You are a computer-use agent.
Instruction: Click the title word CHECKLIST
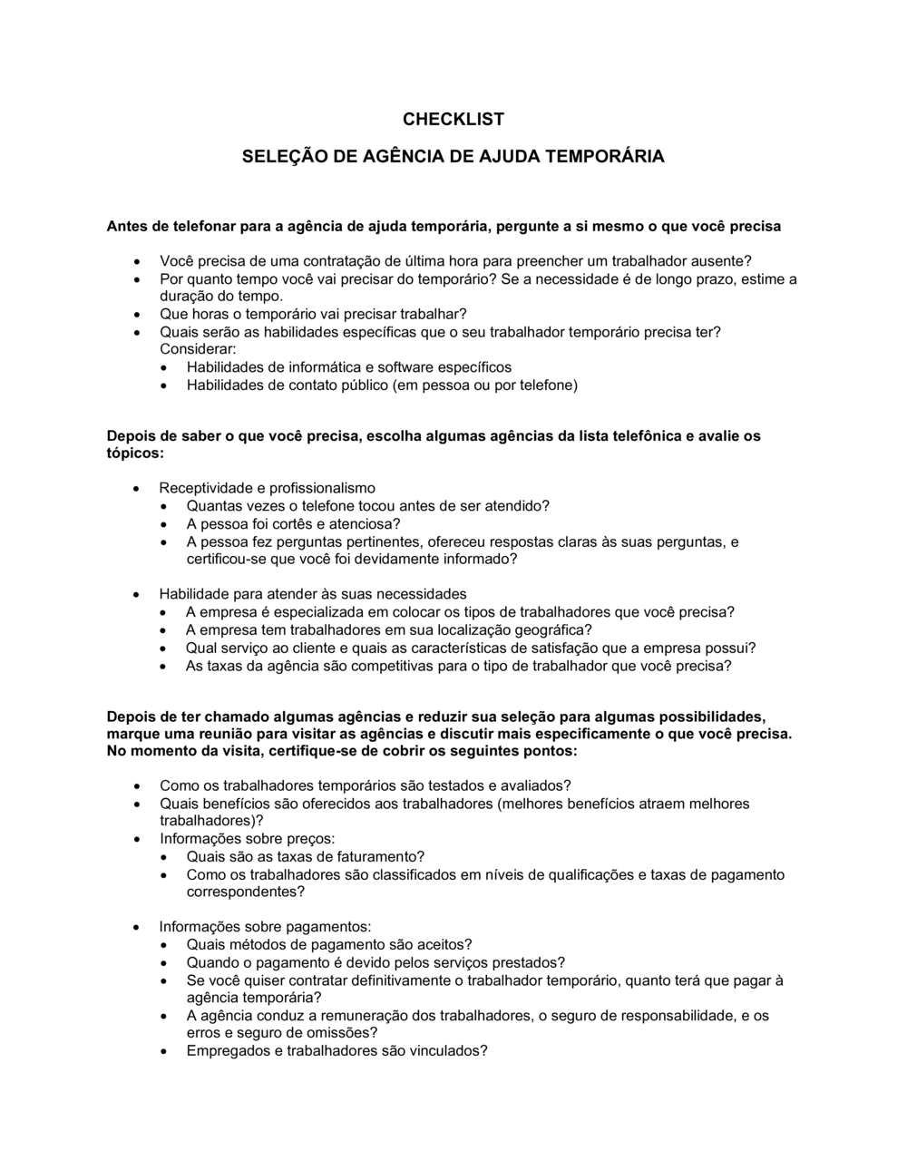click(453, 119)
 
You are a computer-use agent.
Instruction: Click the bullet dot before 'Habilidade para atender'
click(137, 595)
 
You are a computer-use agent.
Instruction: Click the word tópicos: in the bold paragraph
click(135, 452)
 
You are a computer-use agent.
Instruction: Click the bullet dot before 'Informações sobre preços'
click(137, 840)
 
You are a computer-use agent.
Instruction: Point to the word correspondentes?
click(245, 892)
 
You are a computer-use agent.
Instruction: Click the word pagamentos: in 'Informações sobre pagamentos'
click(328, 927)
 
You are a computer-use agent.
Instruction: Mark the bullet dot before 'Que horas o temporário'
click(137, 315)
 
